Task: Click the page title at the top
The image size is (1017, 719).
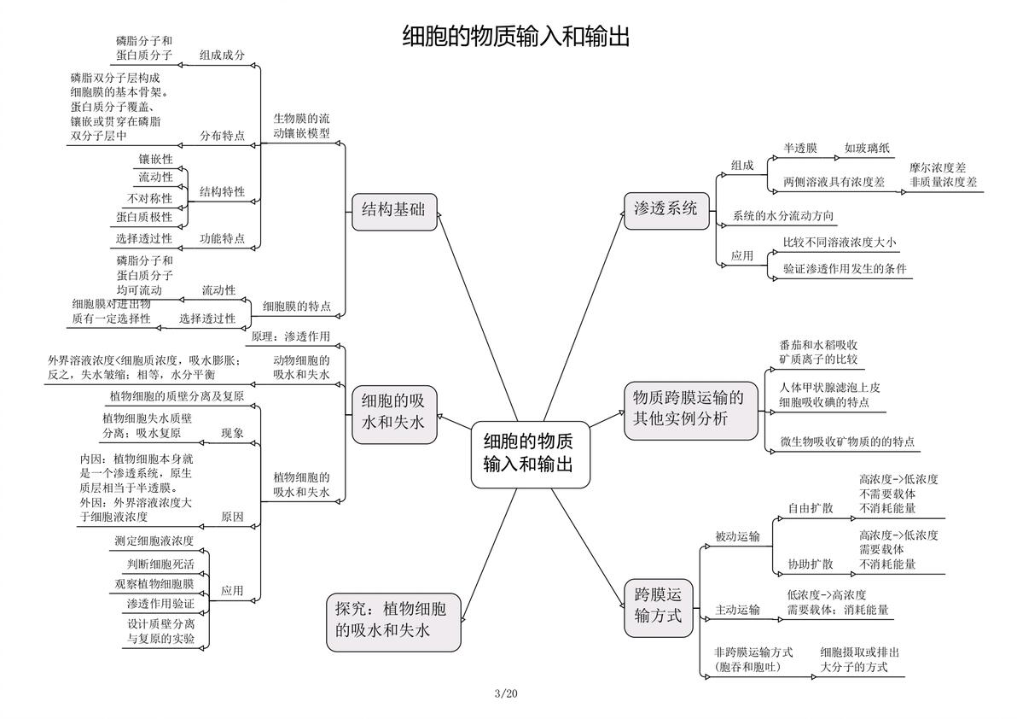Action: [x=515, y=37]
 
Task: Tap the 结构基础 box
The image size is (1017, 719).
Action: [x=393, y=211]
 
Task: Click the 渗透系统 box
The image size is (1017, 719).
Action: [x=666, y=209]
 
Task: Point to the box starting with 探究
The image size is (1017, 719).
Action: [x=393, y=622]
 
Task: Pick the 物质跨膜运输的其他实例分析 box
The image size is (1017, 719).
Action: [x=690, y=411]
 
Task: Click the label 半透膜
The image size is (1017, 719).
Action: [x=799, y=149]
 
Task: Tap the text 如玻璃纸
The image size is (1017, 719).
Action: [x=867, y=149]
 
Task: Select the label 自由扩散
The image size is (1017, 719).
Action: [x=810, y=508]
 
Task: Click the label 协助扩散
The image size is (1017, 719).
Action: [x=810, y=564]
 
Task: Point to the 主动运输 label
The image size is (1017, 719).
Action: [x=737, y=610]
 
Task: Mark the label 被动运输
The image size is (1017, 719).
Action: [x=737, y=536]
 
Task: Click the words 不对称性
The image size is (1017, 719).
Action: [x=150, y=198]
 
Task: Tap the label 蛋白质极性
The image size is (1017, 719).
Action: [x=144, y=217]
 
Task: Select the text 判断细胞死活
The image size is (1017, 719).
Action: [x=160, y=564]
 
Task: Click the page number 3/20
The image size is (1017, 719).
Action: [x=506, y=693]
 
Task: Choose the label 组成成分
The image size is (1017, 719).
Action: [x=222, y=56]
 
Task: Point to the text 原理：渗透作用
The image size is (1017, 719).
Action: [x=291, y=336]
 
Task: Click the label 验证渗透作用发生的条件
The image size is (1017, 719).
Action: [x=845, y=269]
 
